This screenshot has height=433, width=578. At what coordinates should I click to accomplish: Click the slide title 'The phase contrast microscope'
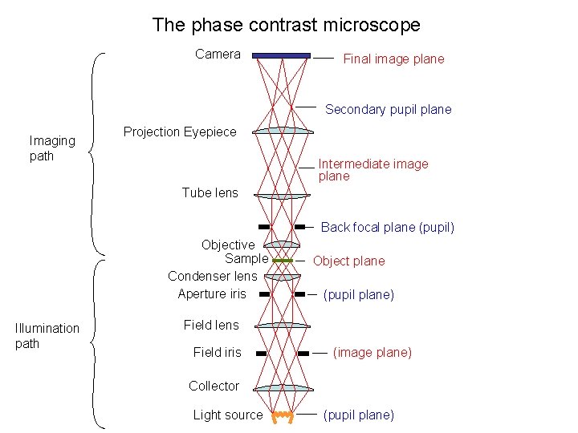point(286,25)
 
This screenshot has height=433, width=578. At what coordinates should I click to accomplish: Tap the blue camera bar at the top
point(282,55)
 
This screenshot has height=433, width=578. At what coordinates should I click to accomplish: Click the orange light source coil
point(282,416)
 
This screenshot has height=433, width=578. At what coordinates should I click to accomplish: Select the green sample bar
point(282,261)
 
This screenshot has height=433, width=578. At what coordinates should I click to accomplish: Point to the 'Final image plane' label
point(393,59)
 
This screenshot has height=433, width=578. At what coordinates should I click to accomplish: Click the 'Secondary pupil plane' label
point(388,109)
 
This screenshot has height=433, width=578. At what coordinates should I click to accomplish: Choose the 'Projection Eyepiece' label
point(180,132)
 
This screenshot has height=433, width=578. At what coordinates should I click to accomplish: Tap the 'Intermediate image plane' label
point(373,170)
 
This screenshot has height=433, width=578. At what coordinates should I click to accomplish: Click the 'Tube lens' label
point(210,192)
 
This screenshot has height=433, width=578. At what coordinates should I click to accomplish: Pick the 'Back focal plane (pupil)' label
point(387,227)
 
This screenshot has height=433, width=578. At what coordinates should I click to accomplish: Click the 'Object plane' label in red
point(348,261)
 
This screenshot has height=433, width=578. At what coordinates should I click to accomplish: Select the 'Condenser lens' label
point(212,276)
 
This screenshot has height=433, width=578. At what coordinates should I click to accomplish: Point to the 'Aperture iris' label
point(212,293)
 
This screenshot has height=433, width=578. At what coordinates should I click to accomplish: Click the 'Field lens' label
point(211,325)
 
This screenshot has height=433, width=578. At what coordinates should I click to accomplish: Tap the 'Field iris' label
point(217,352)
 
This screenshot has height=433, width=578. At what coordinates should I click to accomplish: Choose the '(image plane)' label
point(372,352)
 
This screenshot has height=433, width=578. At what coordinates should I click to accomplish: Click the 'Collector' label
point(214,386)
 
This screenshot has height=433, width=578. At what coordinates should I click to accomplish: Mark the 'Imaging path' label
point(52,148)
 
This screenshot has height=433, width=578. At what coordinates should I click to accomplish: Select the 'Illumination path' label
point(47,336)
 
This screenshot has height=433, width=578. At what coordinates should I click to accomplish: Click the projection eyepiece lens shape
point(282,131)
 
